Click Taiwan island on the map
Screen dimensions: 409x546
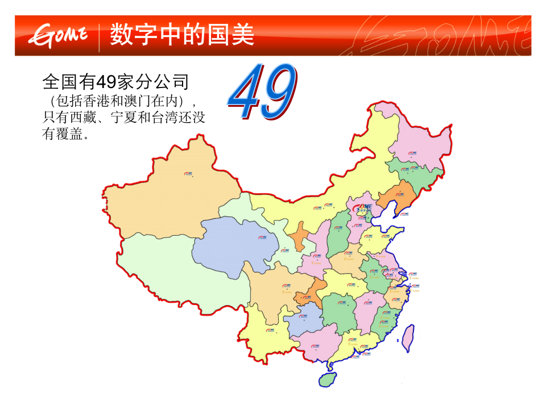pos(408,336)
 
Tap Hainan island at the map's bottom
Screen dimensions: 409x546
pos(328,379)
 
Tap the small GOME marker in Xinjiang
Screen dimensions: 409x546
pos(188,174)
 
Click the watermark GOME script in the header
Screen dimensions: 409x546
pos(438,37)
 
